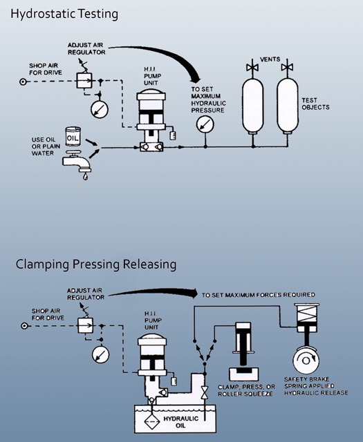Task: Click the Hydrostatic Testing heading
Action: pos(59,14)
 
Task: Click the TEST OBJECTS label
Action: pos(315,104)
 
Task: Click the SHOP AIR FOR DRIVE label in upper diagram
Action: pos(46,70)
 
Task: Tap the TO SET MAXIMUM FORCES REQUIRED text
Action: pos(258,294)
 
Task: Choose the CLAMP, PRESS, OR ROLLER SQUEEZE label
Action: pos(247,390)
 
